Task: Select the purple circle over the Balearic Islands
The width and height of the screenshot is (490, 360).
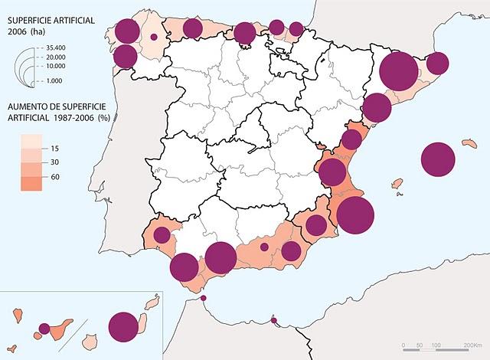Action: coord(438,160)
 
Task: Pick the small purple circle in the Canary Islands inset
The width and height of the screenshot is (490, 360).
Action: coord(44,329)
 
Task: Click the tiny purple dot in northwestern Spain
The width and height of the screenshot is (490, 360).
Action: coord(154,36)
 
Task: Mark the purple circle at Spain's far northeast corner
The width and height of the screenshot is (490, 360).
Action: coord(436,63)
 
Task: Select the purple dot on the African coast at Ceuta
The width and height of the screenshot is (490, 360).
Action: coord(203,299)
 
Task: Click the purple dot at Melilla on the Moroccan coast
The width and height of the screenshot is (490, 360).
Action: coord(274,320)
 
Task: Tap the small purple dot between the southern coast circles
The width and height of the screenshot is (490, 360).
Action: coord(264,247)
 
